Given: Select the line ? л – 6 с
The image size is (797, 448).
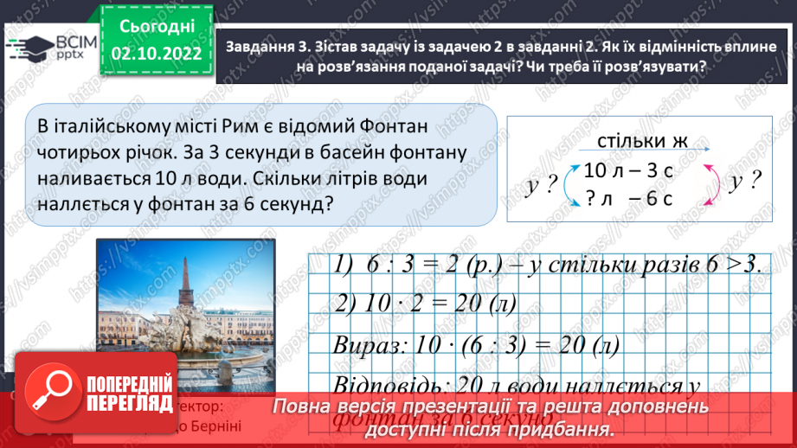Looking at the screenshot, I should (628, 196).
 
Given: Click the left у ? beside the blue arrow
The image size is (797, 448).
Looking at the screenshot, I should (539, 184).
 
